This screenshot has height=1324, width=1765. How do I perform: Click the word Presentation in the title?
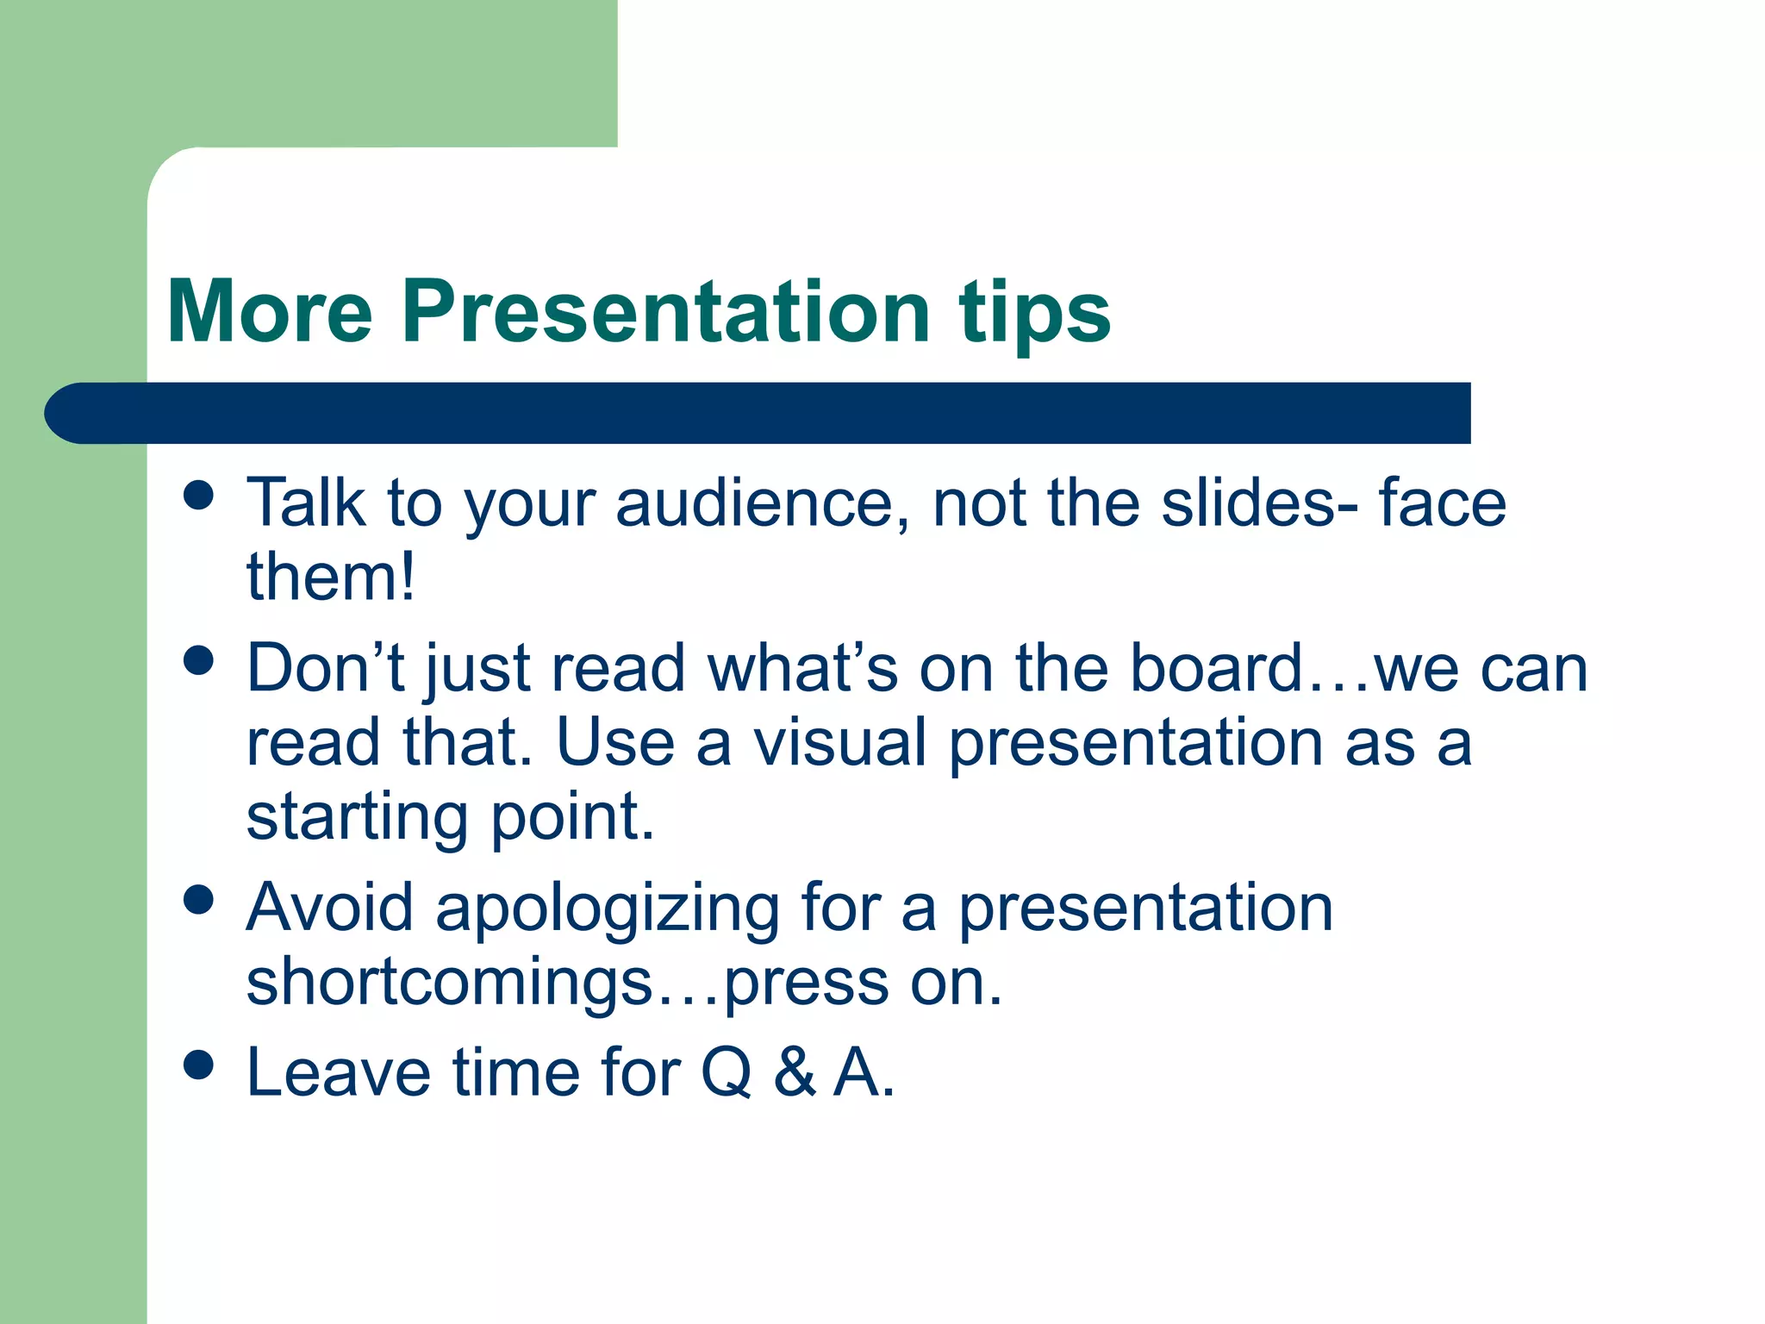click(x=665, y=312)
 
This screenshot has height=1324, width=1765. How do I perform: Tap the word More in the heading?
click(x=269, y=312)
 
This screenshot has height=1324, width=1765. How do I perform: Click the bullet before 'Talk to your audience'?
click(x=198, y=496)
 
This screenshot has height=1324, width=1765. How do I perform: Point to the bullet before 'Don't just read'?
click(x=198, y=661)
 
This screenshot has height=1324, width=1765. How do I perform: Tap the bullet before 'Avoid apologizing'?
click(x=198, y=900)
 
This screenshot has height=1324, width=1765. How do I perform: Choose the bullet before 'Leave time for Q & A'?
click(x=198, y=1065)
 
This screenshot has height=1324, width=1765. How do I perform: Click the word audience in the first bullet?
click(x=762, y=503)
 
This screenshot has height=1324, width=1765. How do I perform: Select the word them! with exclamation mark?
click(x=331, y=578)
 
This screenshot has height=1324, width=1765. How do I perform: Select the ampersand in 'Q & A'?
click(x=794, y=1074)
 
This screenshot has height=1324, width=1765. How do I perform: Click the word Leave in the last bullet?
click(x=338, y=1074)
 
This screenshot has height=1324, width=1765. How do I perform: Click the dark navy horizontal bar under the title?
click(x=758, y=414)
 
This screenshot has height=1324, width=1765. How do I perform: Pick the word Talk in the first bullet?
click(x=305, y=503)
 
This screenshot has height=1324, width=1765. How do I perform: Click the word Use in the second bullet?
click(x=614, y=743)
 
